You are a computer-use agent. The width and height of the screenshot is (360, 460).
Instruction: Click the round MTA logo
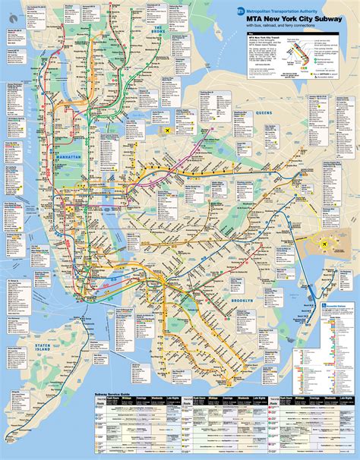[241, 11]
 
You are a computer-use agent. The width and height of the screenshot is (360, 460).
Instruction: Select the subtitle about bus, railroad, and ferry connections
[285, 26]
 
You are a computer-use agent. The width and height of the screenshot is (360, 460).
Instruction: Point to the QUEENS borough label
[263, 112]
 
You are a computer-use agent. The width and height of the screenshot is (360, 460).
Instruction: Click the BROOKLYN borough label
[248, 302]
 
